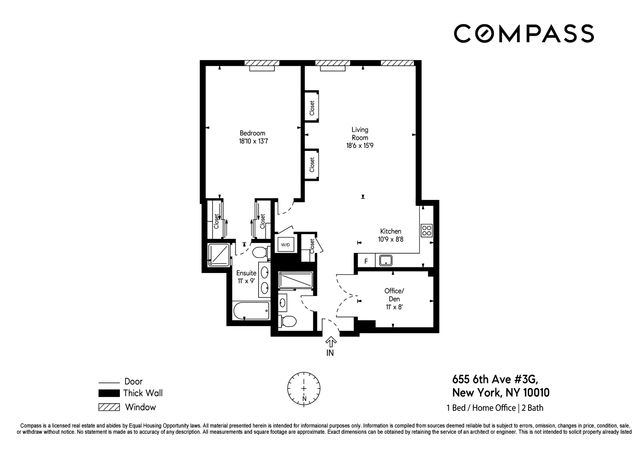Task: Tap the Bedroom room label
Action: [x=253, y=133]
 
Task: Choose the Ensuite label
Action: [x=245, y=273]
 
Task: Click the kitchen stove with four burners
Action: [x=426, y=230]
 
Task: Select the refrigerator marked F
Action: [x=367, y=260]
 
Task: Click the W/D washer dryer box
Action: [x=285, y=244]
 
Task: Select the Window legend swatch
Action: [x=108, y=407]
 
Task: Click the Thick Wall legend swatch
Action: [x=108, y=394]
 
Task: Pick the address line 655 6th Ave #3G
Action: [x=496, y=379]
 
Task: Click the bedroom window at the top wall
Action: [x=262, y=67]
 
